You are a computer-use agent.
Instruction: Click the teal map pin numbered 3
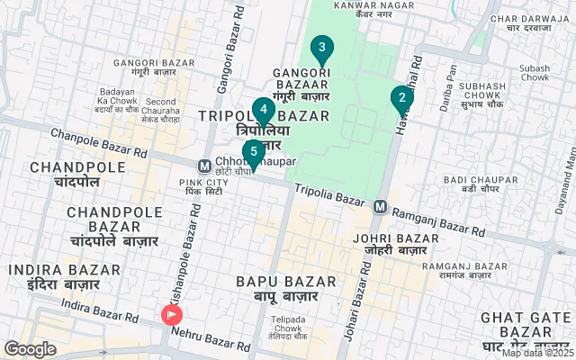[321, 48]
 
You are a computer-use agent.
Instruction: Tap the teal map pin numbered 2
[401, 97]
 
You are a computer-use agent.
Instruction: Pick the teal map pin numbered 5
[253, 151]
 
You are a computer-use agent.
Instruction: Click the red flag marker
[171, 315]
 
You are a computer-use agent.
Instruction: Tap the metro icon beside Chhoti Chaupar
[205, 166]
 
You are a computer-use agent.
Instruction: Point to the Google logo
[30, 349]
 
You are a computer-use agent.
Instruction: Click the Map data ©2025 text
[537, 353]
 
